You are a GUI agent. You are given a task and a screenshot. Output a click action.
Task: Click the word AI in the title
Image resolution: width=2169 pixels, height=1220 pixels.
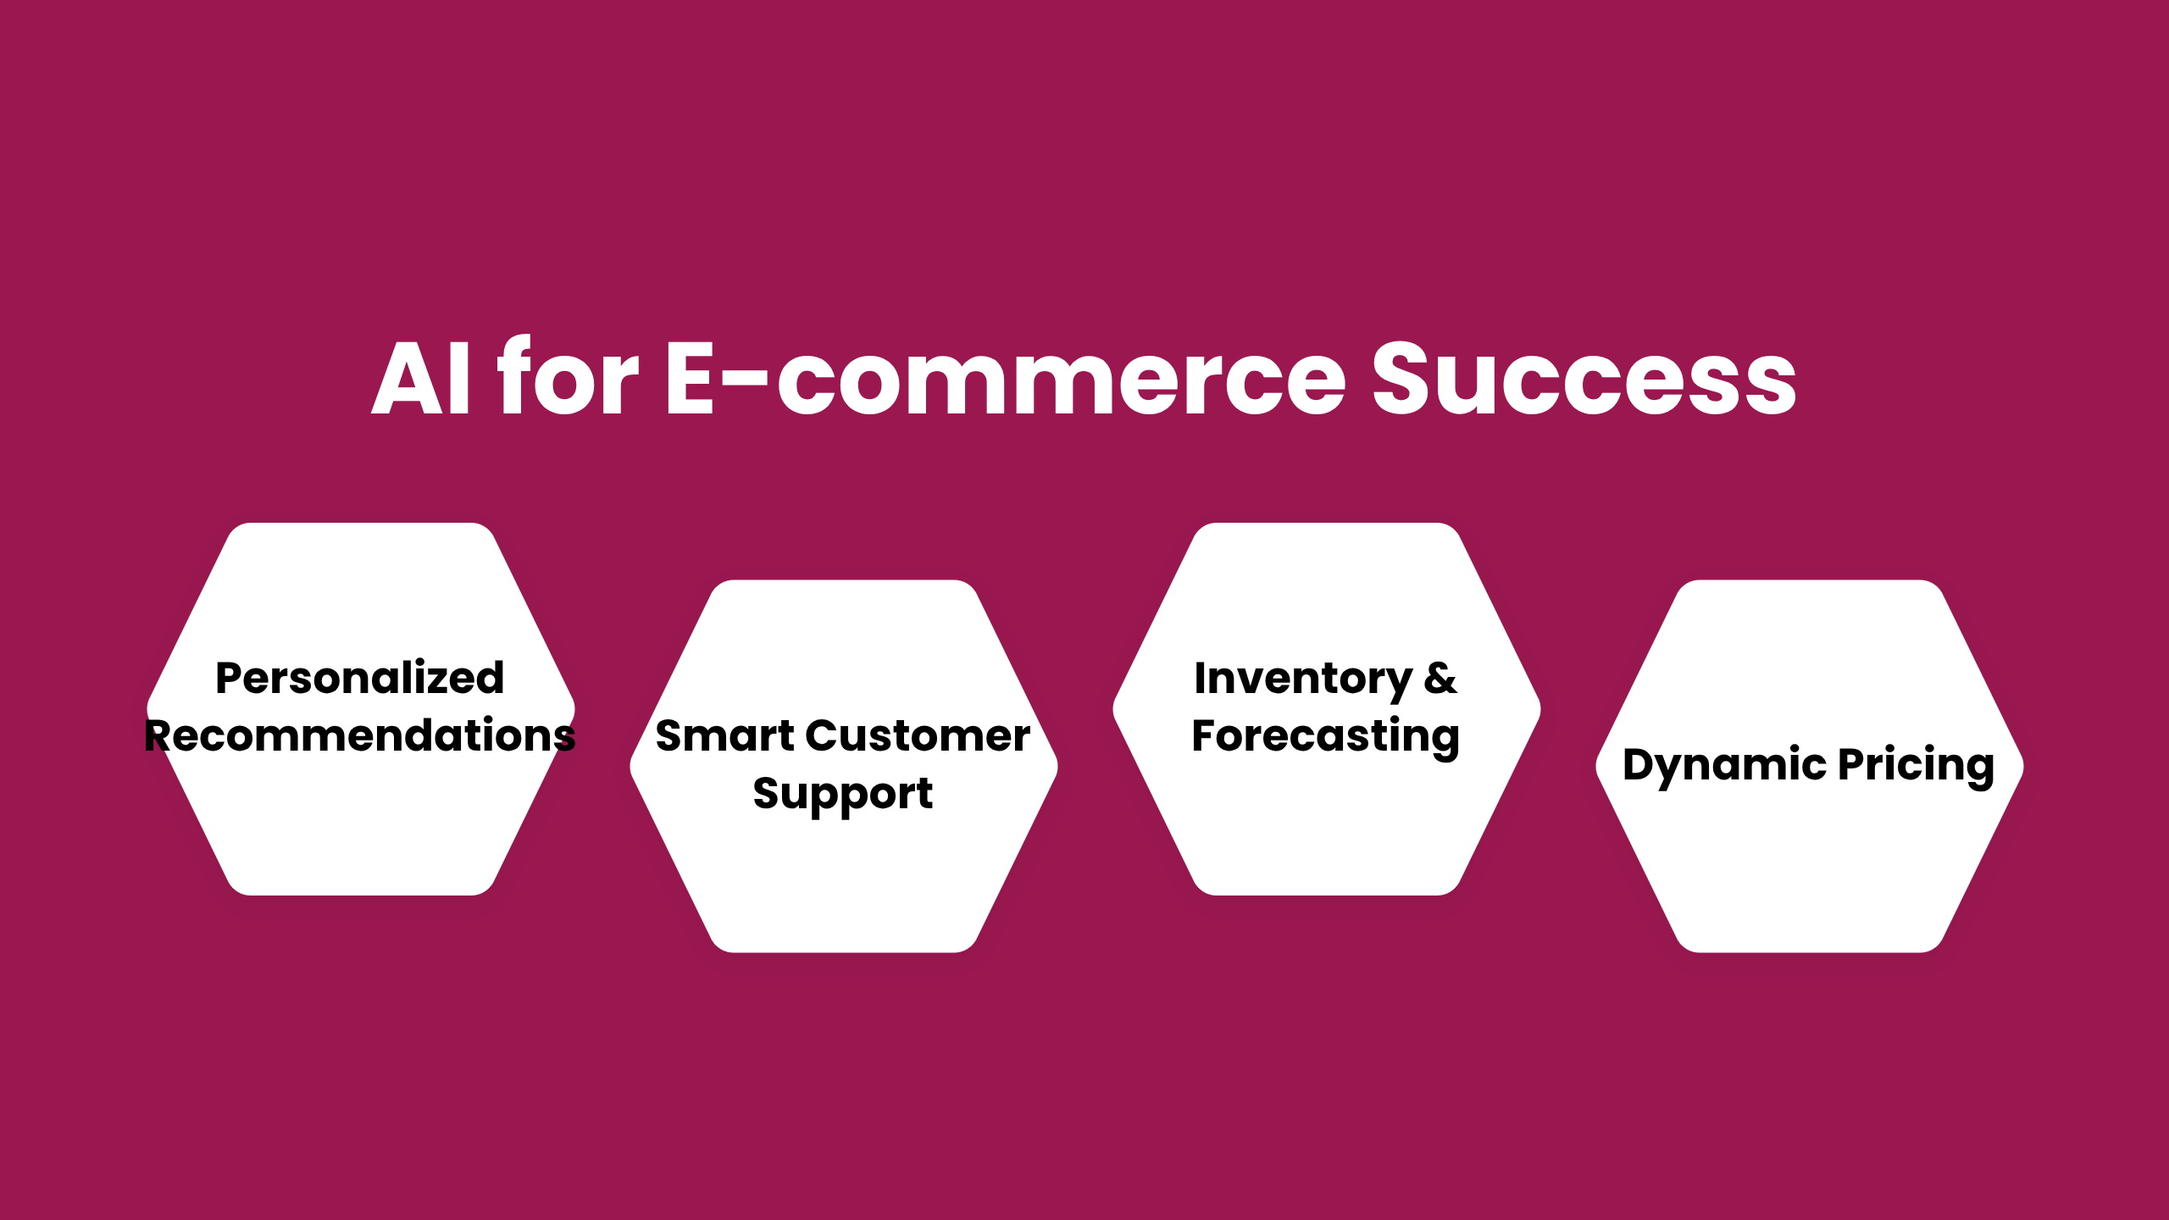click(x=421, y=378)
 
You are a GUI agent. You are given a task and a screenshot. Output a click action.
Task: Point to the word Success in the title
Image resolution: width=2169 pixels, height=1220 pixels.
click(x=1584, y=378)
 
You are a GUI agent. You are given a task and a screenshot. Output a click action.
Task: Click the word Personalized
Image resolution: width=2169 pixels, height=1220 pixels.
click(x=360, y=678)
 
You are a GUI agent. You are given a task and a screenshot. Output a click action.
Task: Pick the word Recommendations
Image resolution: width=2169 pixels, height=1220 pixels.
click(x=360, y=735)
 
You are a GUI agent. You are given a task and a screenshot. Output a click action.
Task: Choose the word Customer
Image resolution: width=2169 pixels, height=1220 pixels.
click(x=918, y=735)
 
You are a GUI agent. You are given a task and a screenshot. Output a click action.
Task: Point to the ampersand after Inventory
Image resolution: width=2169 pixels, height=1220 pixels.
click(x=1440, y=678)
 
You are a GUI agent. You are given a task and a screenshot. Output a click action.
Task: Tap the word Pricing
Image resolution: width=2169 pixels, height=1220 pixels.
click(x=1917, y=766)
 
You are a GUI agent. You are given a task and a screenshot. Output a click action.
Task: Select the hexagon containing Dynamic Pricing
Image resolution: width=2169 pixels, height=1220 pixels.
click(x=1810, y=766)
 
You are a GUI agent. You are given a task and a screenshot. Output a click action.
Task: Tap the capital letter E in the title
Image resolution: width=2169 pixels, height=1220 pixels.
click(x=690, y=378)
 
